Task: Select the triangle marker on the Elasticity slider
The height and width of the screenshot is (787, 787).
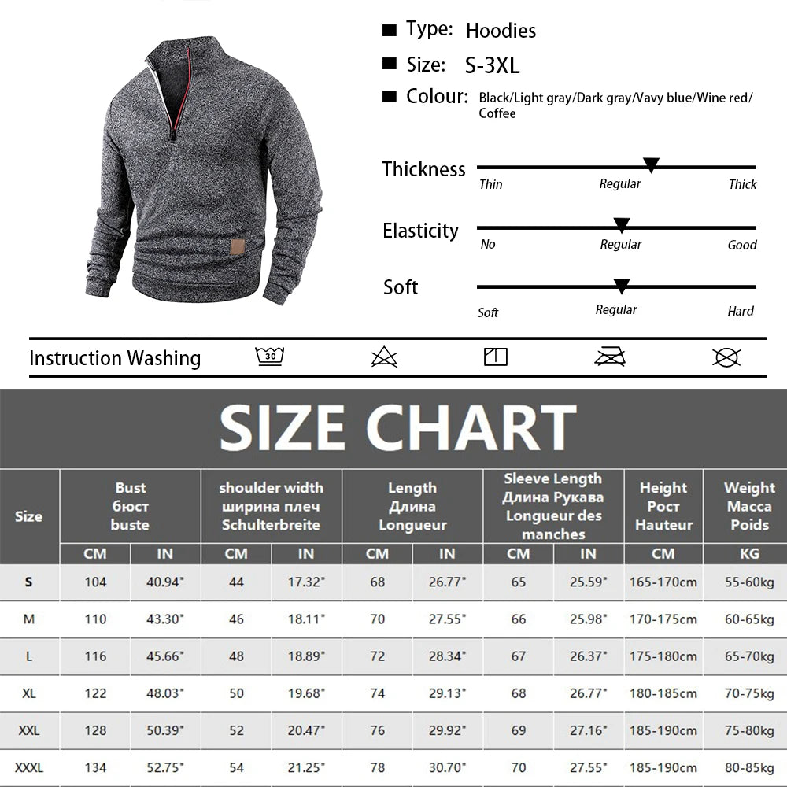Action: (x=622, y=226)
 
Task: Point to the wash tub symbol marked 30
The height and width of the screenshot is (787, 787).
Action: (x=269, y=357)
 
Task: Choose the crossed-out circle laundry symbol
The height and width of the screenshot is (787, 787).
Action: (x=726, y=357)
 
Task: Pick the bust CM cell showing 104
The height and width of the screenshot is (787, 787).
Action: (x=95, y=582)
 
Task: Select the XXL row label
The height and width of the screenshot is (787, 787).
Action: (x=29, y=731)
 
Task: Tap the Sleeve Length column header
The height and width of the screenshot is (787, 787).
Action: (x=553, y=506)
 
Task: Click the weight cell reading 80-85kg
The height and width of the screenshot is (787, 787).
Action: (x=749, y=767)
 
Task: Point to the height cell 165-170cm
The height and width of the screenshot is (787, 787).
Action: (x=663, y=582)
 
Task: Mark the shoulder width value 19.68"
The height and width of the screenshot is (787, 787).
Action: (x=306, y=693)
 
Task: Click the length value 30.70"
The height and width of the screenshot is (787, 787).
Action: (x=447, y=767)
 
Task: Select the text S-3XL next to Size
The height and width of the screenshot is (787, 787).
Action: (x=492, y=65)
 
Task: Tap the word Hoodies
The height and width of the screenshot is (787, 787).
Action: (x=501, y=31)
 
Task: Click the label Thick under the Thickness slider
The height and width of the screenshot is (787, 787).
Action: (x=742, y=184)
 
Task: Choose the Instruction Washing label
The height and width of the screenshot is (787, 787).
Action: (x=115, y=358)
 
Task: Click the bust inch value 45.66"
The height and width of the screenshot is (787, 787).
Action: (x=164, y=656)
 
